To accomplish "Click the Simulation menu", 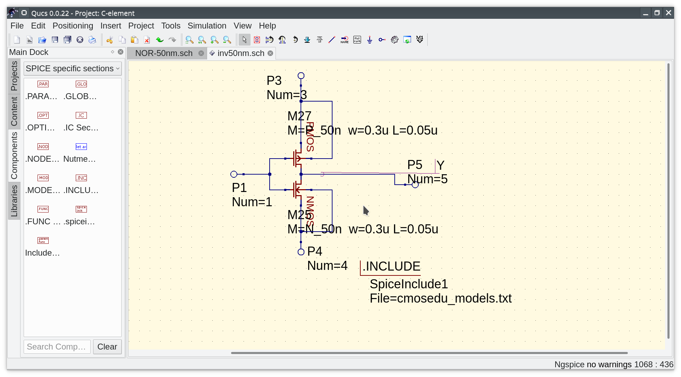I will click(207, 26).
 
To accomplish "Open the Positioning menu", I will click(73, 26).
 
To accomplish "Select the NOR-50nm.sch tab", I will click(164, 53).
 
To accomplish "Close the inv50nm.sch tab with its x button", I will click(270, 53).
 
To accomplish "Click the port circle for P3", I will click(301, 76).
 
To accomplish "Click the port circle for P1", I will click(234, 174).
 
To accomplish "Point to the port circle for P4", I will click(301, 252).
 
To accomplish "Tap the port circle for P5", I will click(415, 185).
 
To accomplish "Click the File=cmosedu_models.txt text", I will click(440, 298).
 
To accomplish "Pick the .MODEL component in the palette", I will click(43, 178).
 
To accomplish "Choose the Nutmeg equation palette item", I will click(81, 147).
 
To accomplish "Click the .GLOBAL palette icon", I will click(81, 84).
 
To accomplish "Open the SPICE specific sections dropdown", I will click(72, 69).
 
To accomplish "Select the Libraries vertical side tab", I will click(14, 201).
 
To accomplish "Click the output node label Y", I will click(440, 165).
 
